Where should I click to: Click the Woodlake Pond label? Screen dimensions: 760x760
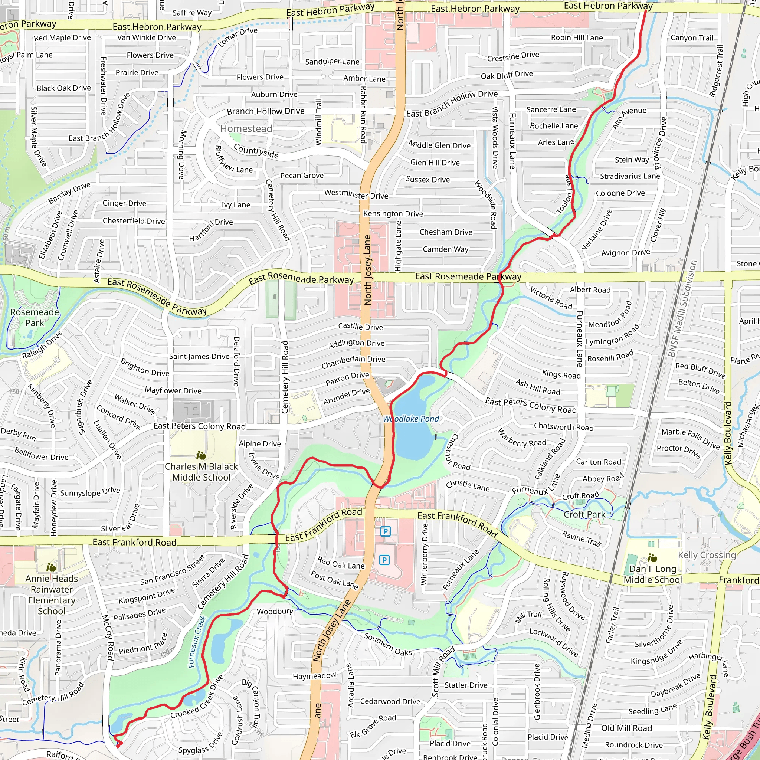click(411, 419)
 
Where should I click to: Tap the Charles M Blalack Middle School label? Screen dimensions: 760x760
click(202, 472)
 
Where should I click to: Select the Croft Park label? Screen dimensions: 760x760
click(584, 515)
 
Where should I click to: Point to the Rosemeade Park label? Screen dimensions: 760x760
click(35, 317)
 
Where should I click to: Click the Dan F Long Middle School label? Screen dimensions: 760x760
click(653, 574)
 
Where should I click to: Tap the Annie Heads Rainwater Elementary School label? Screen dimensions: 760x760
click(52, 595)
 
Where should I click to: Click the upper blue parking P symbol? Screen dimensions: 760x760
click(386, 531)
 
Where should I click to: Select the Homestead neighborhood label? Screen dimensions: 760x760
click(246, 129)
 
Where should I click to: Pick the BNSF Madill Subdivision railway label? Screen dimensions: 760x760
click(682, 308)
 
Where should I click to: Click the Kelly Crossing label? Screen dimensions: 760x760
click(707, 555)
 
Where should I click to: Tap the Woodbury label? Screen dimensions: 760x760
click(275, 611)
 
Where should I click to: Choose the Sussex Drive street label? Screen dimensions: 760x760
click(427, 179)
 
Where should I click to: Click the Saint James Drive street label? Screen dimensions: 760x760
click(199, 356)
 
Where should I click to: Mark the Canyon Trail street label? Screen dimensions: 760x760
click(692, 38)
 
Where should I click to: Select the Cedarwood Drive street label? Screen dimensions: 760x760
click(390, 701)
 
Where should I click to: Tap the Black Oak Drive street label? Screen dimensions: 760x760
click(64, 88)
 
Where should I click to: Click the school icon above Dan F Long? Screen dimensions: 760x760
click(652, 558)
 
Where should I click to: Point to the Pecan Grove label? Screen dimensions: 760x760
click(302, 176)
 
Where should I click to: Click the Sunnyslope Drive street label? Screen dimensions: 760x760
click(90, 492)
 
